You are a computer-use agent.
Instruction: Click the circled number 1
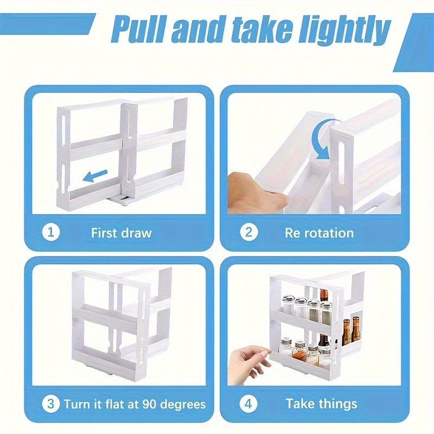(x=51, y=232)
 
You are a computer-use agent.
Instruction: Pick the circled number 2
(x=249, y=232)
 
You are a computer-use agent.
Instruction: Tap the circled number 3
(x=51, y=404)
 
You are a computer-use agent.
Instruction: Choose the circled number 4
(x=248, y=404)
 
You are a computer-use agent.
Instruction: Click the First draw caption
(x=122, y=233)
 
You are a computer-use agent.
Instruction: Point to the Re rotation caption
(x=319, y=233)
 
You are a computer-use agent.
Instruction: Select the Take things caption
(x=321, y=404)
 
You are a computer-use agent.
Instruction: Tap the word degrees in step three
(x=183, y=405)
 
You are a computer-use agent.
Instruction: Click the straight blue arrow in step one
(x=95, y=176)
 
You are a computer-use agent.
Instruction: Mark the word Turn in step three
(x=77, y=404)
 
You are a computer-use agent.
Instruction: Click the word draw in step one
(x=137, y=233)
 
